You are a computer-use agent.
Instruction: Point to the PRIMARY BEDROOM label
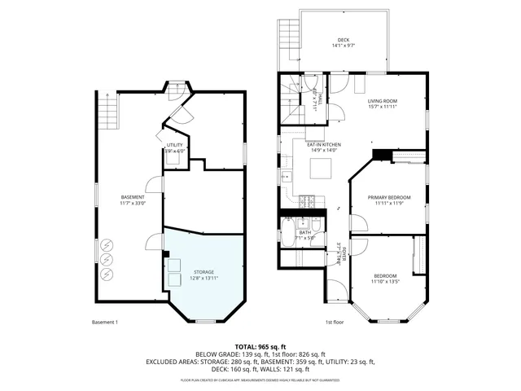[x=388, y=197]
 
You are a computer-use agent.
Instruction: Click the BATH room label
[x=304, y=232]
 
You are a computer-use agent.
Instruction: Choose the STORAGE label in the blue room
[x=204, y=271]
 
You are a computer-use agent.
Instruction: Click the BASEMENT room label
[x=133, y=197]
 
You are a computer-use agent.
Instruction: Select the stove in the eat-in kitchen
[x=307, y=200]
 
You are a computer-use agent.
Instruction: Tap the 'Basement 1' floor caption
[x=105, y=323]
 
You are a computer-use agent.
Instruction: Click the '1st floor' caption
[x=334, y=323]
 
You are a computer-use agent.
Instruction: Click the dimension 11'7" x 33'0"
[x=133, y=203]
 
